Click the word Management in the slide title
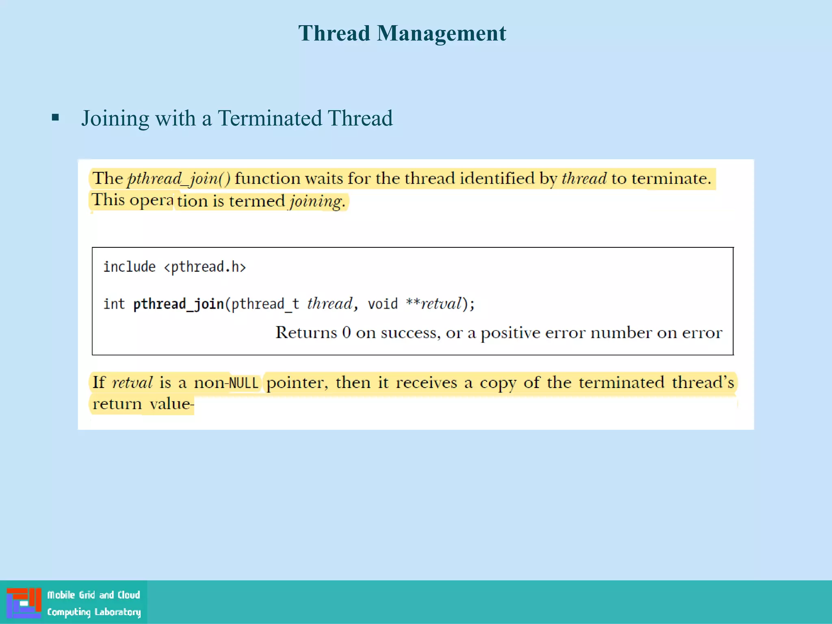pyautogui.click(x=441, y=33)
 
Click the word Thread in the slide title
pyautogui.click(x=334, y=33)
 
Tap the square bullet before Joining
pyautogui.click(x=56, y=118)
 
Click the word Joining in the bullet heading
pyautogui.click(x=115, y=119)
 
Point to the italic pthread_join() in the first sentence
pyautogui.click(x=179, y=179)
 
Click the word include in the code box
pyautogui.click(x=129, y=267)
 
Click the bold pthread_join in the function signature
pyautogui.click(x=178, y=304)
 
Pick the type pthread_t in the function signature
pyautogui.click(x=265, y=304)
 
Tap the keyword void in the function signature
pyautogui.click(x=382, y=304)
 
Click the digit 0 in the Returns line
pyautogui.click(x=346, y=333)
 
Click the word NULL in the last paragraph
pyautogui.click(x=244, y=383)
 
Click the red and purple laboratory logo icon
pyautogui.click(x=24, y=602)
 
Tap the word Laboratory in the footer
pyautogui.click(x=118, y=612)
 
